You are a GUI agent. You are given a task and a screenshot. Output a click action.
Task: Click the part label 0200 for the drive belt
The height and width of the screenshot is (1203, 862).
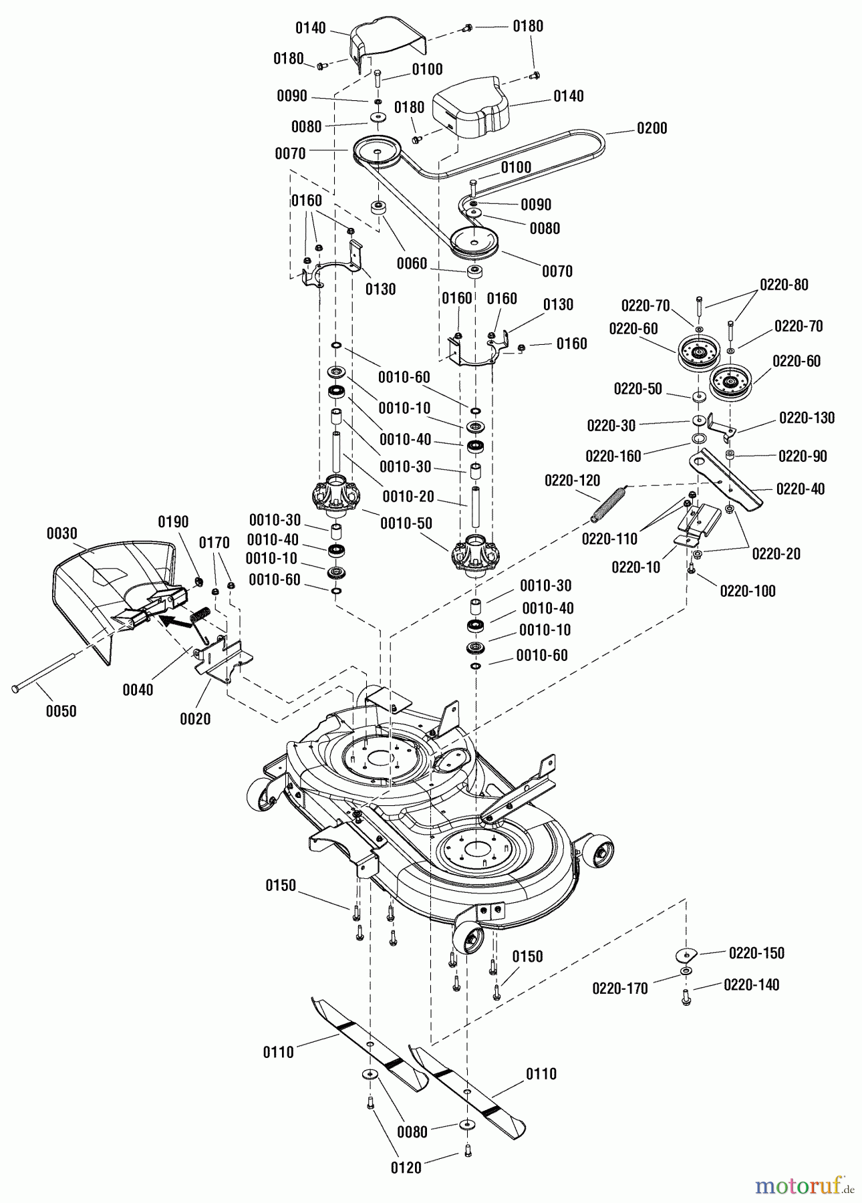[652, 128]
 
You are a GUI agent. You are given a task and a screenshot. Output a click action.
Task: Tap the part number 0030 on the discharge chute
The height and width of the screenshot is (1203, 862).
[62, 533]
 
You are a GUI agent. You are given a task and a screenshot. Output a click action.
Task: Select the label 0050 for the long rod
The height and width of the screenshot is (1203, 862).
[61, 711]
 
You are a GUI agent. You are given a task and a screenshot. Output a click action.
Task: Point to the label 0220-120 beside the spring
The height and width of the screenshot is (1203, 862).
[572, 480]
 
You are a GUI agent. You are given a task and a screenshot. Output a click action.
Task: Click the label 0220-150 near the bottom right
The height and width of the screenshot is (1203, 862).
[756, 953]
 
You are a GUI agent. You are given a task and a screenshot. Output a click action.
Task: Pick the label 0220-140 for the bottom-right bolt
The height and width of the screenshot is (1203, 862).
[751, 985]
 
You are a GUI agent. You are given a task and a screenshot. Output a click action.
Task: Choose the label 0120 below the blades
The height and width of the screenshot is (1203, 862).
[406, 1168]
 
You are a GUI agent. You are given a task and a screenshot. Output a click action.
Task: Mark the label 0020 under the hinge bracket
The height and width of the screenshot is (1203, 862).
[195, 718]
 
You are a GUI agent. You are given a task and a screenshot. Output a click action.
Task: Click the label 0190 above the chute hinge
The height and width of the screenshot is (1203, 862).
[173, 521]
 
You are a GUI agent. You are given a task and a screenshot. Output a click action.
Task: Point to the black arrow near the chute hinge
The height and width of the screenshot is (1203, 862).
[176, 620]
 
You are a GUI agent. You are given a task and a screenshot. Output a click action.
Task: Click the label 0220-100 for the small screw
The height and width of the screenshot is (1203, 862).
[748, 591]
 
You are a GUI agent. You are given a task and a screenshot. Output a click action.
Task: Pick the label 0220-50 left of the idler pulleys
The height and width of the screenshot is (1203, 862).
[637, 388]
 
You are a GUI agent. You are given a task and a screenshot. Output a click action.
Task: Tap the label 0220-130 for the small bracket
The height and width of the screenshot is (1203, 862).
[807, 418]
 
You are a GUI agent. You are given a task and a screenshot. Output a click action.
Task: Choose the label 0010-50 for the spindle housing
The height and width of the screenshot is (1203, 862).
[406, 523]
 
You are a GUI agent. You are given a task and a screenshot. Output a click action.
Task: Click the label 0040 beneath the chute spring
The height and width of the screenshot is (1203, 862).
[138, 689]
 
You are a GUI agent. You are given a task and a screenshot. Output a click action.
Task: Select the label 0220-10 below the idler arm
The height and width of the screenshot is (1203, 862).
[635, 567]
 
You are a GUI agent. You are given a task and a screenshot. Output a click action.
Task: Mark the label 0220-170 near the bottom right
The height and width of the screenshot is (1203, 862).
[619, 988]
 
